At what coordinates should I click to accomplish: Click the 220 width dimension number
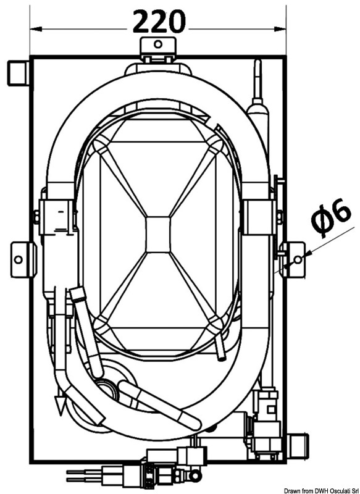(x=159, y=22)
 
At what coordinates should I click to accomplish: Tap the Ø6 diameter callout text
(x=331, y=217)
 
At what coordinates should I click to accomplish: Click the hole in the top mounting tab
(x=158, y=44)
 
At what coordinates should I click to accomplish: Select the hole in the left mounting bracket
(x=19, y=259)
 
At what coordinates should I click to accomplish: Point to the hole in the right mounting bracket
(x=298, y=259)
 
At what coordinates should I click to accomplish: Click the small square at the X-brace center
(x=159, y=234)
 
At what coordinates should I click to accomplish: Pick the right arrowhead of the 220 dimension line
(x=280, y=29)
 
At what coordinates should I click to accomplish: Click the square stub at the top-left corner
(x=18, y=73)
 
